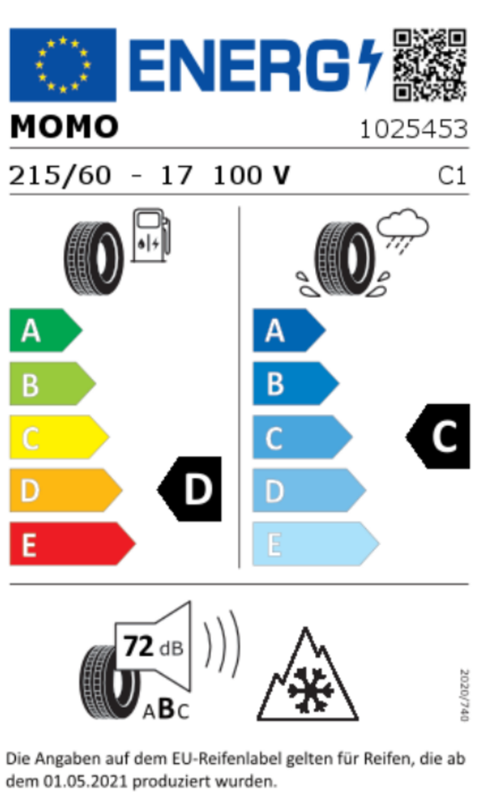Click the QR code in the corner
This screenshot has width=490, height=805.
[x=430, y=65]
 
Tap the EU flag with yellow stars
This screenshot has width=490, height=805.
[x=63, y=65]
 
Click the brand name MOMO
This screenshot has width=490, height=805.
[x=64, y=127]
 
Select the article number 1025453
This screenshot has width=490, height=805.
[x=414, y=129]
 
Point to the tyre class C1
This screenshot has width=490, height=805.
[x=451, y=176]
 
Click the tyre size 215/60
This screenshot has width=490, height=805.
[x=60, y=175]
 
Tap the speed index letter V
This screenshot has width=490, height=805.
[x=281, y=175]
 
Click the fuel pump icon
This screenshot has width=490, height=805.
[x=151, y=235]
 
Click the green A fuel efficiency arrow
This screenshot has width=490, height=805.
[x=45, y=330]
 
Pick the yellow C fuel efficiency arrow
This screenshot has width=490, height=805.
[x=59, y=437]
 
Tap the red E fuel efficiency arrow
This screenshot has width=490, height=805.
[x=72, y=543]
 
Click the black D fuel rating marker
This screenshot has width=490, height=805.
[x=189, y=489]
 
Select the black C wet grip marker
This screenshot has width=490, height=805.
[x=438, y=436]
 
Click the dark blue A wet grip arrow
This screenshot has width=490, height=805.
[x=289, y=330]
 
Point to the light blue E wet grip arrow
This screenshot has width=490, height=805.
[x=316, y=543]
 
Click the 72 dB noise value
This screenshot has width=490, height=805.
[x=152, y=647]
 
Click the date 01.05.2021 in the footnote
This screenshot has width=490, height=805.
[x=85, y=782]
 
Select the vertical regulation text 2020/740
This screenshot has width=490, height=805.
[x=464, y=694]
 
